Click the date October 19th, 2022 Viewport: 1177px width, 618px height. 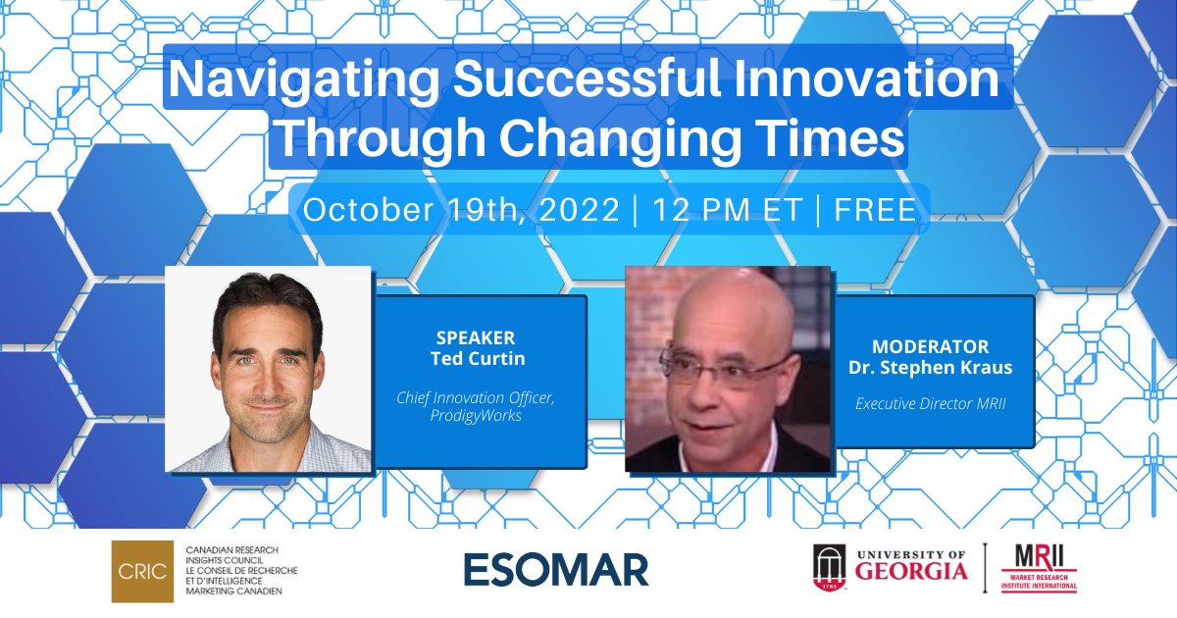point(460,210)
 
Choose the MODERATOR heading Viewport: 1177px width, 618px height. point(930,347)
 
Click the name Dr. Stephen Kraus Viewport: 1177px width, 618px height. point(930,367)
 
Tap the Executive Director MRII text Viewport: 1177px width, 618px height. point(930,403)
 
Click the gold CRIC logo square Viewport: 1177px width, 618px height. point(137,567)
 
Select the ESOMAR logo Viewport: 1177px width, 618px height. point(556,569)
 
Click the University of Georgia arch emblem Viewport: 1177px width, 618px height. point(827,567)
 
